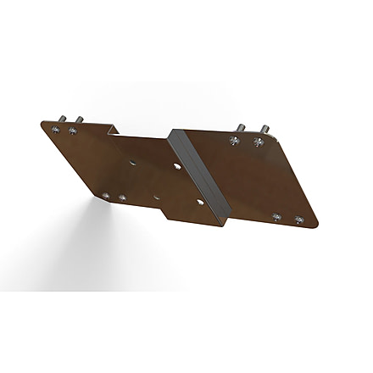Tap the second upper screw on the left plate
coord(74,131)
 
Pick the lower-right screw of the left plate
coord(122,198)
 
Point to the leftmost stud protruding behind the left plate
coord(62,118)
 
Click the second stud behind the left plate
coord(77,120)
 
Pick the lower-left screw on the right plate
coord(277,216)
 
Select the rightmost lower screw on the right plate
coord(298,220)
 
